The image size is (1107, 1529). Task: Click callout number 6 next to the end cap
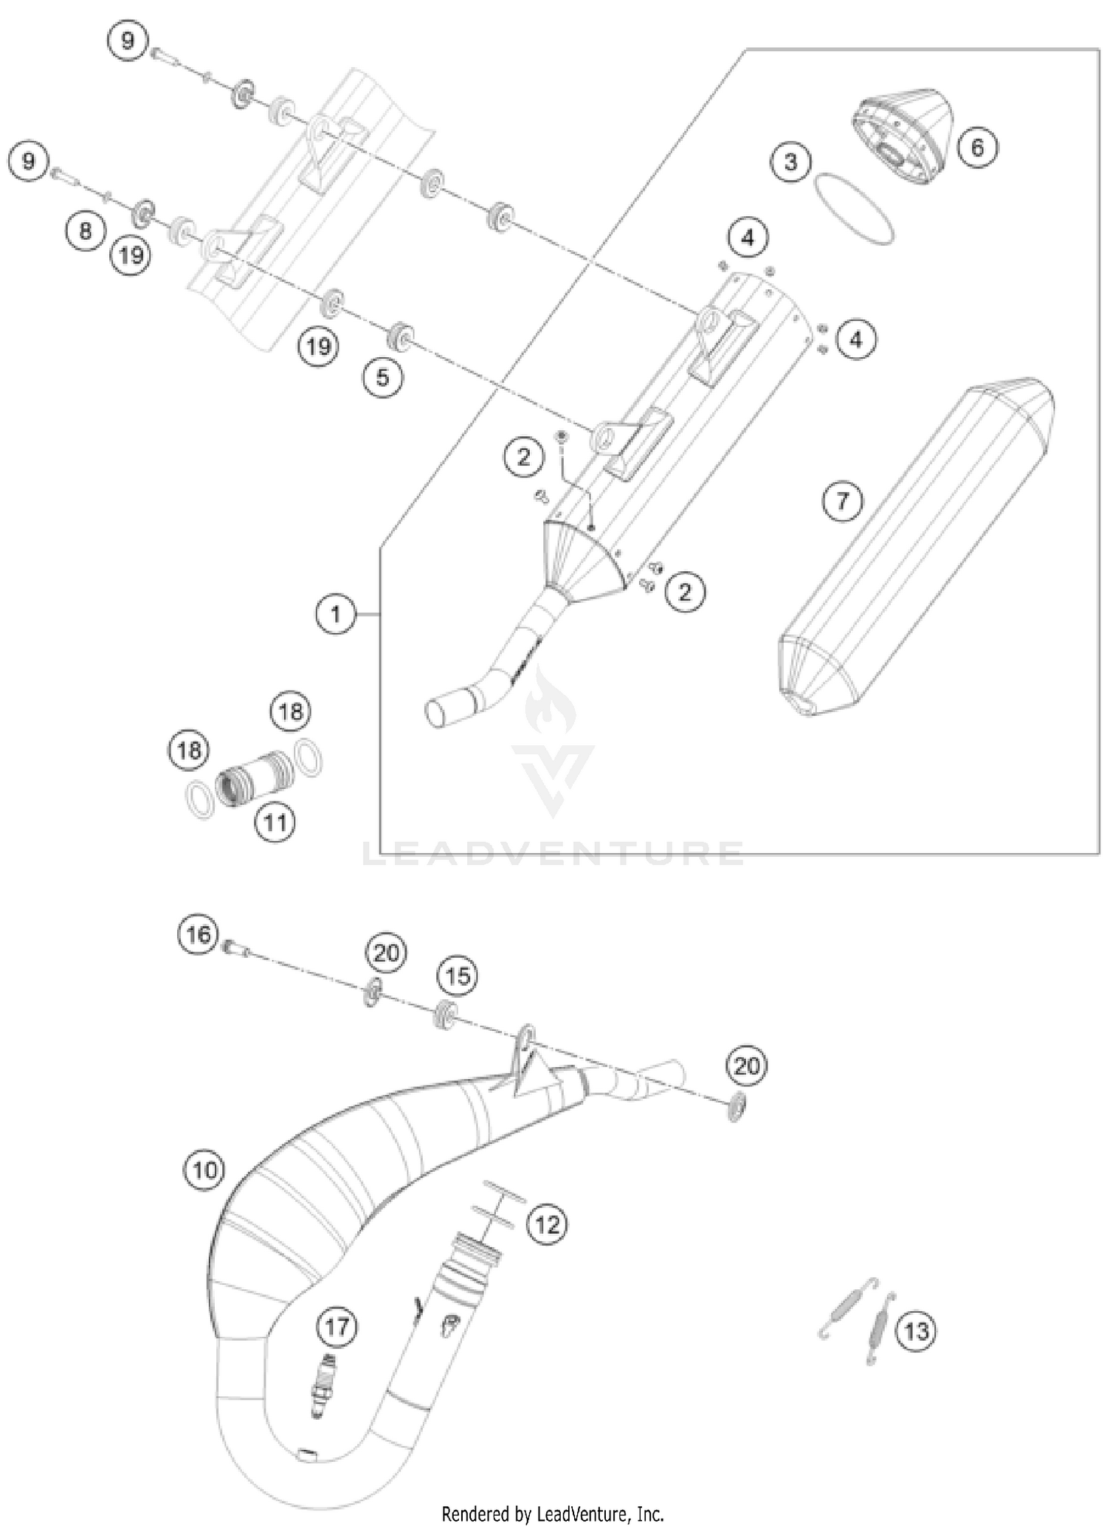(976, 147)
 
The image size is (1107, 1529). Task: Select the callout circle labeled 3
(790, 162)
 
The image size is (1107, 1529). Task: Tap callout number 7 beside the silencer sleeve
(842, 502)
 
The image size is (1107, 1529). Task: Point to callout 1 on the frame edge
(336, 613)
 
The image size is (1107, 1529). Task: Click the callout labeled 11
(275, 821)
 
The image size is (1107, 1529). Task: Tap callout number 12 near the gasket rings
(547, 1224)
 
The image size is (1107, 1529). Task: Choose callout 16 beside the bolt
(198, 935)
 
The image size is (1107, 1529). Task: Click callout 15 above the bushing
(458, 976)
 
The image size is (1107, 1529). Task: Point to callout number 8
(86, 231)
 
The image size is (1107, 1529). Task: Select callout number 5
(382, 377)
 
